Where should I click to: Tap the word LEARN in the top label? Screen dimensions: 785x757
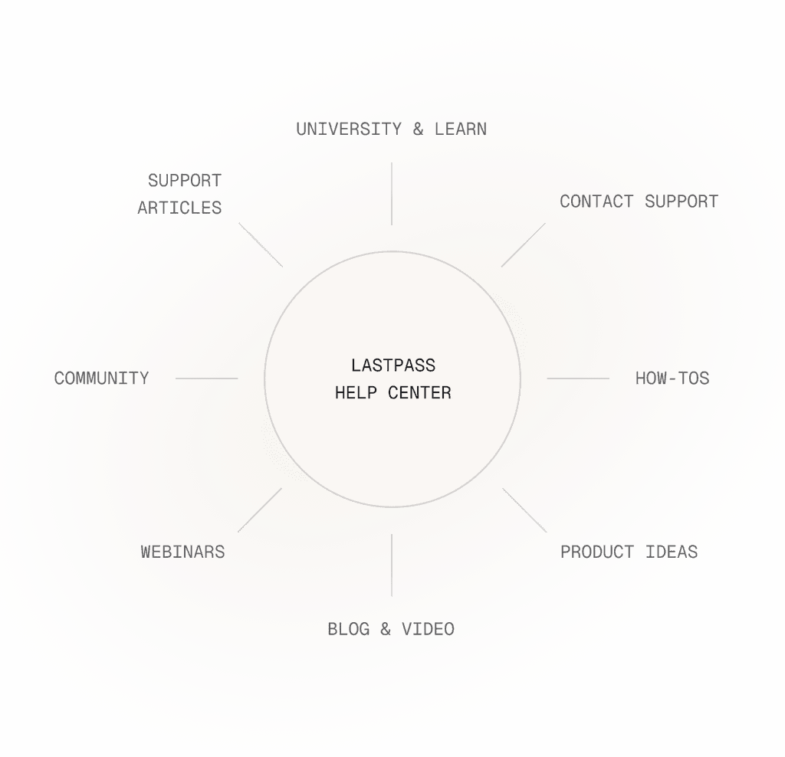[x=460, y=129]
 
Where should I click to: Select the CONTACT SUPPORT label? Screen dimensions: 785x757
[x=639, y=202]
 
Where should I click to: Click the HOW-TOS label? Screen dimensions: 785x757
[x=672, y=378]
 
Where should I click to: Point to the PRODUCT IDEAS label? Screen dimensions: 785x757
[x=629, y=552]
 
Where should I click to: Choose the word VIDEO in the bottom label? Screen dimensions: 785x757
[x=428, y=629]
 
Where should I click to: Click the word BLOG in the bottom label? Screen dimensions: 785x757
[x=349, y=629]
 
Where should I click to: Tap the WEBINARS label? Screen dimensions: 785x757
[x=182, y=552]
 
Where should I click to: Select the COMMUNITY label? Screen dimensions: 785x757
[x=101, y=378]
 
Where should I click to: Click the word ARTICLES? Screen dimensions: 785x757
[x=179, y=208]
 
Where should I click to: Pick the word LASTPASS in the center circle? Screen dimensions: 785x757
[x=392, y=365]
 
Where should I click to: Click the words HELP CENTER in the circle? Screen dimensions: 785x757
[x=392, y=393]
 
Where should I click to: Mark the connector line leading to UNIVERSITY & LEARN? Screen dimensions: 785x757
[x=392, y=193]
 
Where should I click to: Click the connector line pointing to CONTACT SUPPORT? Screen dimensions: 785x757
[x=524, y=245]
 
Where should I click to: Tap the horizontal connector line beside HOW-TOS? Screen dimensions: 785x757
[x=578, y=378]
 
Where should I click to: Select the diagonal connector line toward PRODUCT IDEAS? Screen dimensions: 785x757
[x=524, y=510]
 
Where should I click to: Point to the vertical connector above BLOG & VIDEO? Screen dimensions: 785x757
[x=392, y=565]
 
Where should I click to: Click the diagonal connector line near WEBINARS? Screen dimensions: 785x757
[x=260, y=510]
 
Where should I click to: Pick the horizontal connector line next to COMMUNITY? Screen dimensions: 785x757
[x=206, y=378]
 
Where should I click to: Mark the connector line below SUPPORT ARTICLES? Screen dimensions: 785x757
[x=261, y=245]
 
